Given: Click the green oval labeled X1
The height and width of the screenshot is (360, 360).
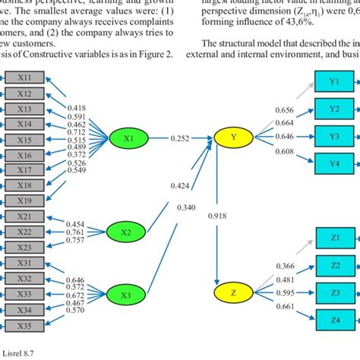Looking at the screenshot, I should tap(128, 138).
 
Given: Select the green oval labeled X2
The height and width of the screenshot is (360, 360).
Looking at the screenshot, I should tap(128, 231).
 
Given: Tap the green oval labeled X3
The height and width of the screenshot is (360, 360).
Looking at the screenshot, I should tap(128, 294).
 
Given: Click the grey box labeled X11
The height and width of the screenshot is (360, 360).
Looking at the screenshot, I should tap(24, 77).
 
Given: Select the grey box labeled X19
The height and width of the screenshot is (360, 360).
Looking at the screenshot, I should tap(24, 201).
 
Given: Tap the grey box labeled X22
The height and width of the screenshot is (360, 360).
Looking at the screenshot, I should tap(24, 232).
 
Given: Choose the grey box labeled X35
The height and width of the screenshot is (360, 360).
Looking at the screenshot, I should tap(24, 324).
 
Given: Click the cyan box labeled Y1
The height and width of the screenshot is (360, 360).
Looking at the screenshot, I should tap(335, 78).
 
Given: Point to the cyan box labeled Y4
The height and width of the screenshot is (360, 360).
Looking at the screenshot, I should tap(335, 163).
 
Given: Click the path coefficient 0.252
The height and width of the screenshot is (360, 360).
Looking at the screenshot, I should tap(180, 138).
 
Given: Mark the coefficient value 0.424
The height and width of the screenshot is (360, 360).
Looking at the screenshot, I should tap(180, 185).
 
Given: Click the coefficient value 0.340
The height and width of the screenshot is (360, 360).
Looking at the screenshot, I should tap(186, 207).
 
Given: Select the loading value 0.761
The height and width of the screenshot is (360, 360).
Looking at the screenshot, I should tap(74, 232).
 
